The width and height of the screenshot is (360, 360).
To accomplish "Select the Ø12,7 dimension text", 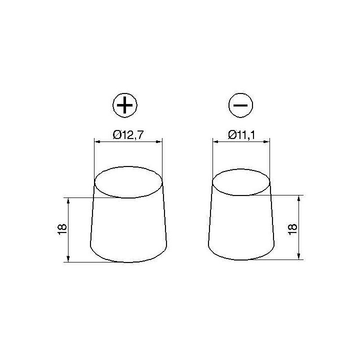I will coord(129,134).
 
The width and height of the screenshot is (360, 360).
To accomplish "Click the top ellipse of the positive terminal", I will coord(129,181).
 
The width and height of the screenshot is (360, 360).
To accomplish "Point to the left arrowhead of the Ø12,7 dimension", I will coord(97,142).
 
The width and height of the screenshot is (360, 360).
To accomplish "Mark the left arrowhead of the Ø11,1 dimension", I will coord(215,142).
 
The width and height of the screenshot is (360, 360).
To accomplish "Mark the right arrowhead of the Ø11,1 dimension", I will coord(268,142).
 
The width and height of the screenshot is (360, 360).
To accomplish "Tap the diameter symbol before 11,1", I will coord(232,134).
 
